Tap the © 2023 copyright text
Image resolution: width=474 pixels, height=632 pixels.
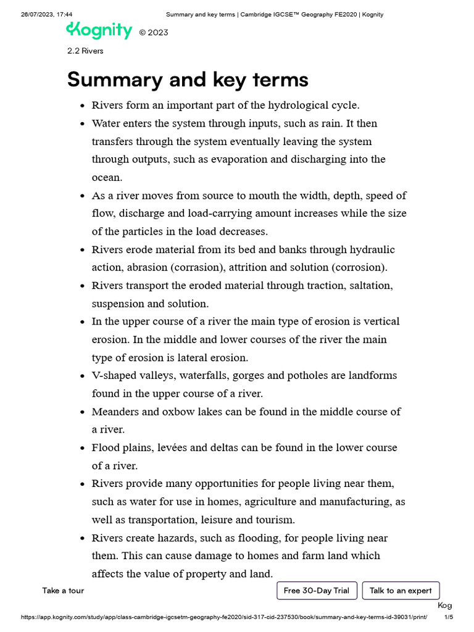pyautogui.click(x=153, y=33)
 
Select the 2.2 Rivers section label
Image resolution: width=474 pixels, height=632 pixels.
pyautogui.click(x=85, y=51)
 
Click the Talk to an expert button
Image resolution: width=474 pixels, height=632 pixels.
pyautogui.click(x=401, y=591)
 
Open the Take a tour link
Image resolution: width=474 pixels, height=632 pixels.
pyautogui.click(x=63, y=591)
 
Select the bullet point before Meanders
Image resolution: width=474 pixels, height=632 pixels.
pyautogui.click(x=82, y=412)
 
